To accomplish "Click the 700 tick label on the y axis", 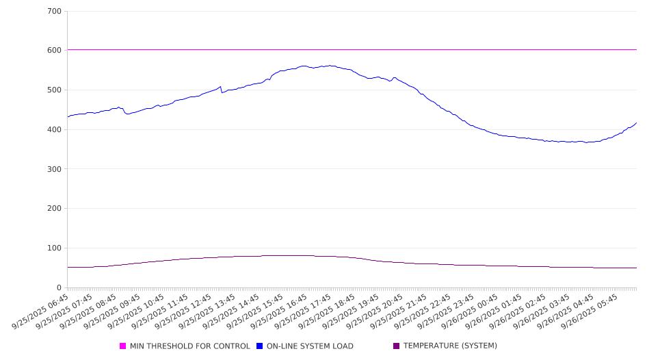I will point(55,12).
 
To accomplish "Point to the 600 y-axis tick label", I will point(55,51).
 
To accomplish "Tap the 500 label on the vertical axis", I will point(55,90).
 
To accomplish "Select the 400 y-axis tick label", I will point(55,130).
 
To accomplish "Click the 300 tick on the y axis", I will point(55,169).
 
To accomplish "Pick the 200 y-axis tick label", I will point(55,209).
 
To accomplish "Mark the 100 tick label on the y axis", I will point(55,248).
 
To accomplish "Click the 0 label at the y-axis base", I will point(60,287).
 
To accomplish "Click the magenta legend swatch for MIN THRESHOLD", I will point(123,346).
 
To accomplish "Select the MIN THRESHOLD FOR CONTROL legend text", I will point(189,346).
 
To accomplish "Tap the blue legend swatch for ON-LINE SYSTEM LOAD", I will point(260,346).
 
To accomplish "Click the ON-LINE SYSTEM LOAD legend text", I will point(310,346).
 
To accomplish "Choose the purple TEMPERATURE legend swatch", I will point(397,346).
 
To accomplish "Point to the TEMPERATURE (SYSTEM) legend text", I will point(450,346).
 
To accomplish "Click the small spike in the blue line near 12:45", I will point(220,87).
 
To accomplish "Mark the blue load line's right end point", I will point(636,123).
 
